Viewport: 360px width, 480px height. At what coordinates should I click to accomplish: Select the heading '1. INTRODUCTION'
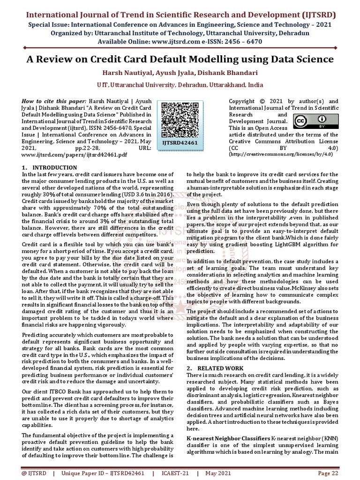pyautogui.click(x=50, y=168)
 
